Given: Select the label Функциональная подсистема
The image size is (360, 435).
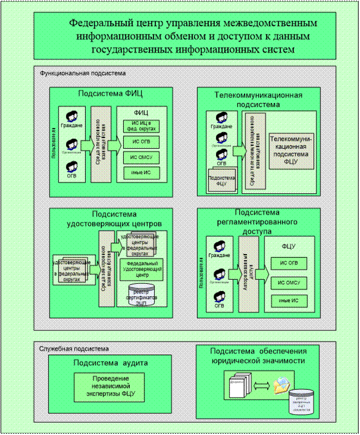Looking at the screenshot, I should (x=83, y=73).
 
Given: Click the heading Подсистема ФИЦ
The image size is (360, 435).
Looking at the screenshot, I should (x=111, y=93).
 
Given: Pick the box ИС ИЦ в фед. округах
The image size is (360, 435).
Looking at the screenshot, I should (x=141, y=126).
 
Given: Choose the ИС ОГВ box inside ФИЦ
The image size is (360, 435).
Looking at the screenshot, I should (x=141, y=142).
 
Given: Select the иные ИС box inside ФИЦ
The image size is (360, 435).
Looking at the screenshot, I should (x=141, y=173).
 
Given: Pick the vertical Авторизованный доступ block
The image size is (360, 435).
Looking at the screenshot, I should (x=251, y=273).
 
